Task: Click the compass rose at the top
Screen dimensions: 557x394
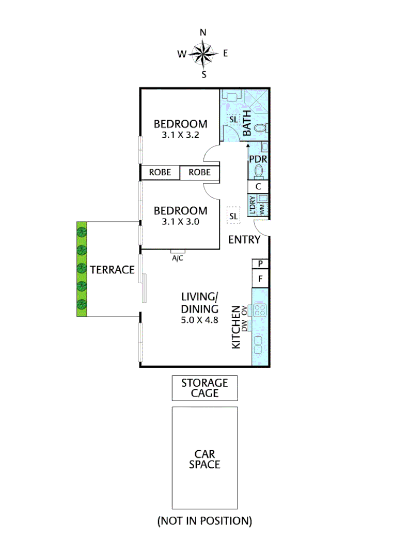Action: click(203, 53)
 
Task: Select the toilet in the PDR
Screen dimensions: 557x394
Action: click(260, 170)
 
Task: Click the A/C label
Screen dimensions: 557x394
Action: click(177, 258)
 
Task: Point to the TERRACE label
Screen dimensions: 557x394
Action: click(112, 269)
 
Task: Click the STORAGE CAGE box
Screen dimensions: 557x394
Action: click(204, 388)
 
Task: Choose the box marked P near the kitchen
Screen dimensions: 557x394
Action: click(261, 264)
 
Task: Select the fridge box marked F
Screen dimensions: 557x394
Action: click(261, 280)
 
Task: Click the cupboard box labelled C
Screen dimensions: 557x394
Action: click(259, 187)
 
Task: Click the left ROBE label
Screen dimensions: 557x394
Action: click(160, 172)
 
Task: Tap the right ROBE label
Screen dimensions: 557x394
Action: click(199, 172)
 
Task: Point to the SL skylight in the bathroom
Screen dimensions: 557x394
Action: click(233, 120)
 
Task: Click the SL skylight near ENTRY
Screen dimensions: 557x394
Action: click(233, 216)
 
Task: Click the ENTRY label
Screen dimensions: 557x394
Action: click(244, 240)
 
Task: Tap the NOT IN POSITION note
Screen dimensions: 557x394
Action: click(204, 521)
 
